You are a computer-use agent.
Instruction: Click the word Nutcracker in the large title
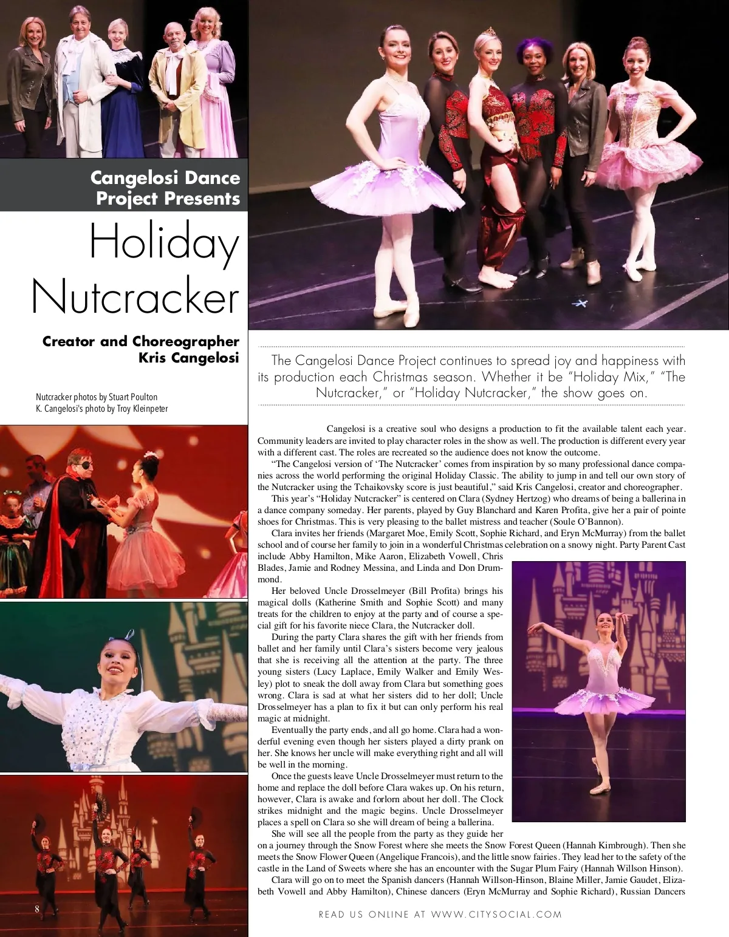click(x=135, y=296)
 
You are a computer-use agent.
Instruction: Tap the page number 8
click(x=37, y=908)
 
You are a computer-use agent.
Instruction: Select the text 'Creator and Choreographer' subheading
click(x=140, y=341)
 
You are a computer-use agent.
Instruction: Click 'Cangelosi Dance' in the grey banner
click(x=165, y=178)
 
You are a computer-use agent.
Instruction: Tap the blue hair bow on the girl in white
click(x=128, y=634)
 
